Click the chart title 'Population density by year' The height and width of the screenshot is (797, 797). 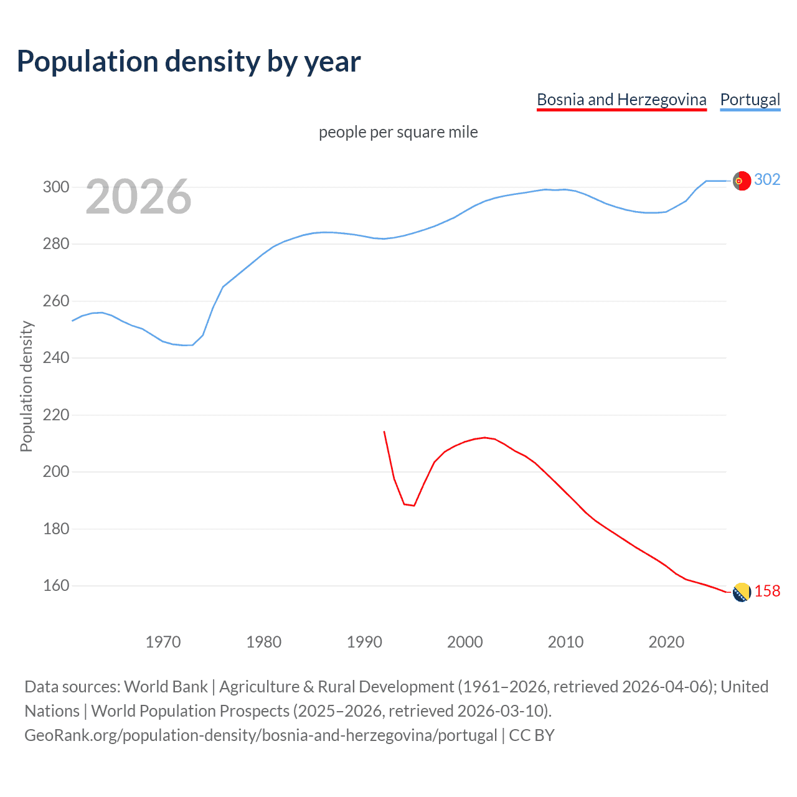[189, 62]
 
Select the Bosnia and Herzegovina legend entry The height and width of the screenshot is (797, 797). [621, 100]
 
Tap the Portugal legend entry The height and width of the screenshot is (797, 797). [750, 100]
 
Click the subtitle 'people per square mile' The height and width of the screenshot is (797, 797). [398, 132]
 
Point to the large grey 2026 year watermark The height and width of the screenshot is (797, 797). [138, 197]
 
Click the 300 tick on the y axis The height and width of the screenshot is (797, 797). [55, 187]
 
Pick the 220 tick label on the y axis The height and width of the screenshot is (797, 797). [55, 415]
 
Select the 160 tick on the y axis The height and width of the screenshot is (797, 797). [55, 586]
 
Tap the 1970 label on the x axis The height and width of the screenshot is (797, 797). [163, 642]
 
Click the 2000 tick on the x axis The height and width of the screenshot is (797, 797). [465, 642]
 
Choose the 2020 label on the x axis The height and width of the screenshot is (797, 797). [666, 642]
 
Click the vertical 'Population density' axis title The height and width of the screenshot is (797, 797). [26, 386]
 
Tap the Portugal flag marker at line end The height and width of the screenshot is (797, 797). [741, 181]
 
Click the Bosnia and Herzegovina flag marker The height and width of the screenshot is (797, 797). [741, 592]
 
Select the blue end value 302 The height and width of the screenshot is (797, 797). [767, 180]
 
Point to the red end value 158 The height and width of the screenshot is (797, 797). [767, 592]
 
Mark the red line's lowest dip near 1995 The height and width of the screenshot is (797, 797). [413, 505]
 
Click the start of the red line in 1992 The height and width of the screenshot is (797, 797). [384, 432]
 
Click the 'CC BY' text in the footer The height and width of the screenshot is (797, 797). [532, 735]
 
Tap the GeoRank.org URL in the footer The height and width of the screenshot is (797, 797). [261, 735]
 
